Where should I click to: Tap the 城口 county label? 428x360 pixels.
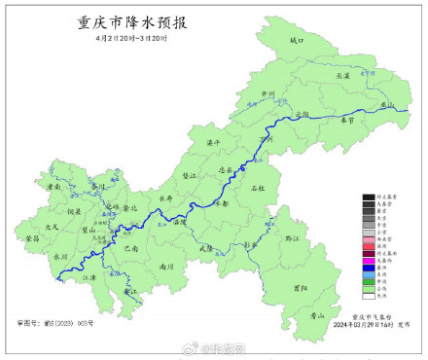click(x=297, y=42)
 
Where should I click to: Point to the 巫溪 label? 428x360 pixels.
click(x=341, y=75)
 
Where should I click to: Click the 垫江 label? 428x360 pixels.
click(x=191, y=175)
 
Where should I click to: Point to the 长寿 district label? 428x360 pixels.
click(x=166, y=198)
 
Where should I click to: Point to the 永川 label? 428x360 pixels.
click(x=60, y=256)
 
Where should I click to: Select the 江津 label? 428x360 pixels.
click(x=89, y=278)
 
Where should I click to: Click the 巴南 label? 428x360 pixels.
click(x=131, y=248)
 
